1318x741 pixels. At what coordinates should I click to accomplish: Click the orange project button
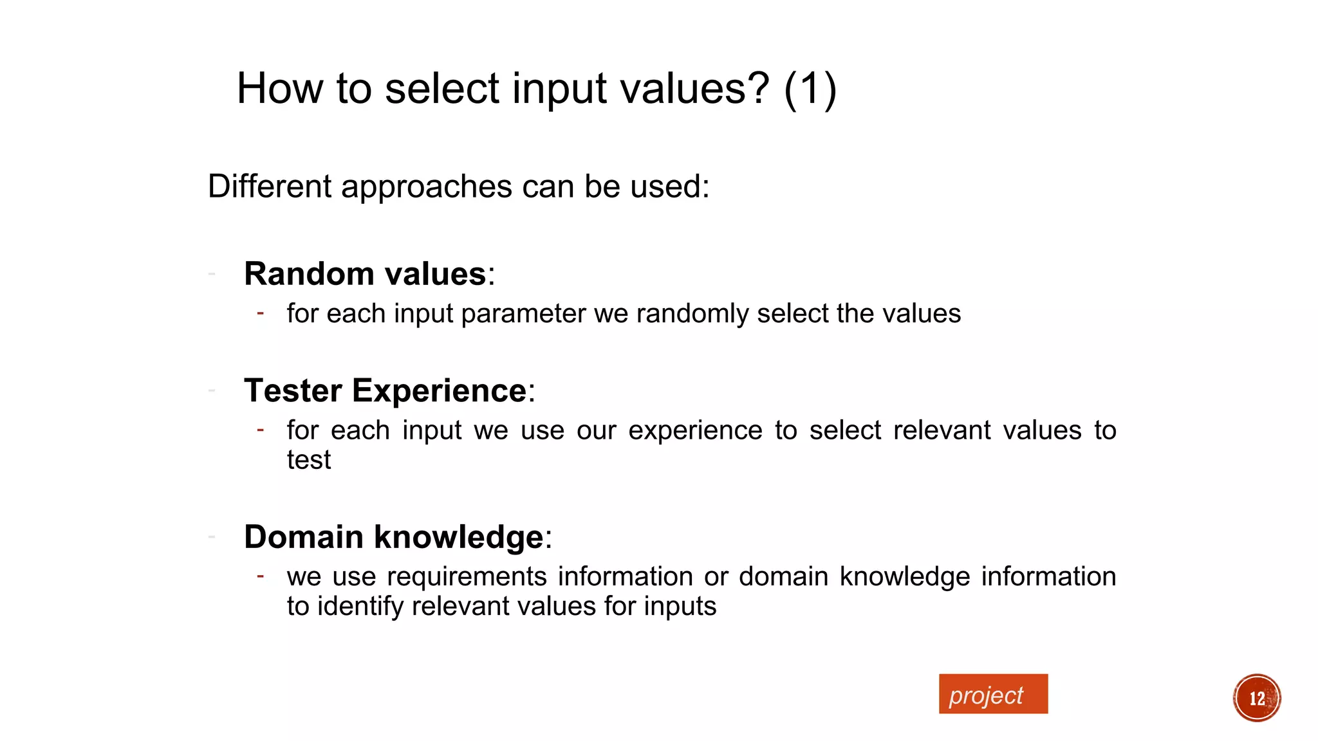pos(992,694)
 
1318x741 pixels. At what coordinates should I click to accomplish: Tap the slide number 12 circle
pos(1256,698)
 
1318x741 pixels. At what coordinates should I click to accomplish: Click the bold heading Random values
pos(365,274)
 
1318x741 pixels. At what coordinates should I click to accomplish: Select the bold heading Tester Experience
pos(385,391)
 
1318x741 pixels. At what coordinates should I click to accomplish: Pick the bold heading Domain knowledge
pos(394,537)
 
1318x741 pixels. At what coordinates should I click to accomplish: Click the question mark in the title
pos(757,89)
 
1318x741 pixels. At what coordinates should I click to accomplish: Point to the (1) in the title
pos(810,89)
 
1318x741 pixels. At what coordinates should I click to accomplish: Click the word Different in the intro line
pos(270,187)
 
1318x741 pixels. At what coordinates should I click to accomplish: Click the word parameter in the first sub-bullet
pos(523,314)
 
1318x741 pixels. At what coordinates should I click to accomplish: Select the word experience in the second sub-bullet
pos(694,430)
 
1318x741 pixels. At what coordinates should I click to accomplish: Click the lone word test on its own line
pos(308,460)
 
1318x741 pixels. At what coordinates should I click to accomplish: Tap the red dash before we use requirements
pos(260,576)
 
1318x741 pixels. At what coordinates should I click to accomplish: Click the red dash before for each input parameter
pos(260,313)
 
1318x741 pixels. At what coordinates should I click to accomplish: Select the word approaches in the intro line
pos(426,187)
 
